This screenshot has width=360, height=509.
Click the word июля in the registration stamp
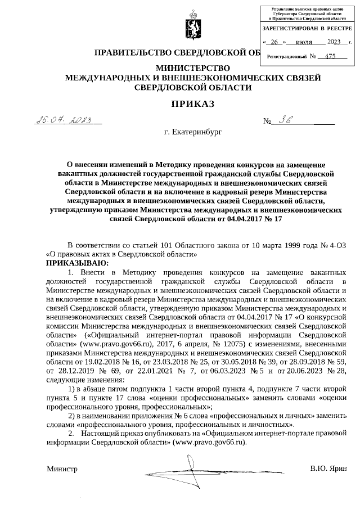(304, 42)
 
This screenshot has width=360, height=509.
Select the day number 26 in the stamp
(274, 42)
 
